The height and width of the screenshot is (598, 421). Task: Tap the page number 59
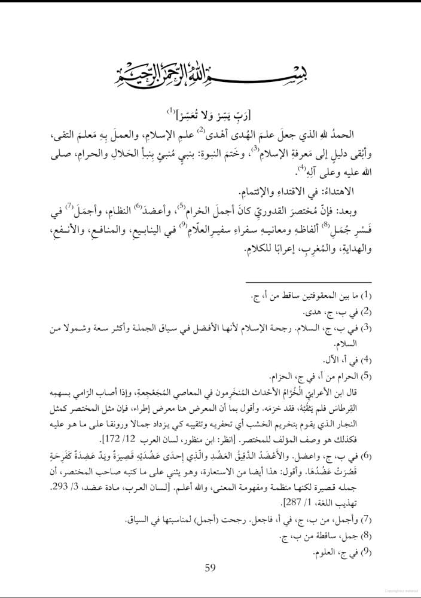209,567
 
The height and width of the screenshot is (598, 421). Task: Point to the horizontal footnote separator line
309,283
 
